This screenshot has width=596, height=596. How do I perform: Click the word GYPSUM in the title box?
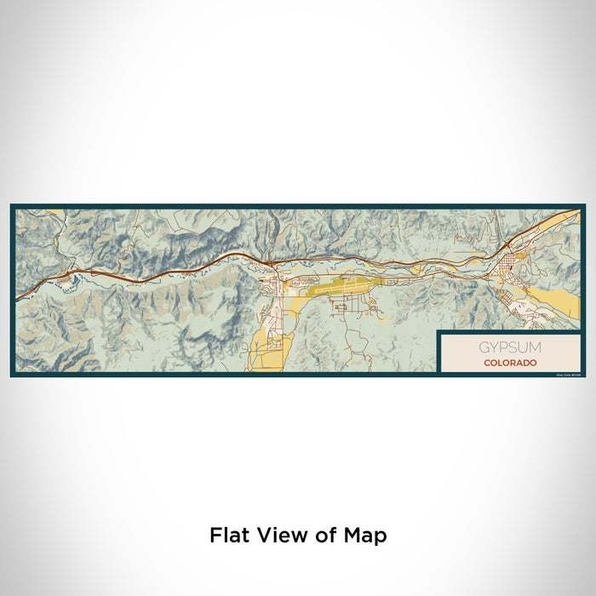tap(509, 348)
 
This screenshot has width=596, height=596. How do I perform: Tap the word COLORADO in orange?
tap(509, 363)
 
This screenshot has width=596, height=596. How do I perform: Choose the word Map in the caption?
tap(365, 536)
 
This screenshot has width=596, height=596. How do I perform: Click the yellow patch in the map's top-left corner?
tap(26, 213)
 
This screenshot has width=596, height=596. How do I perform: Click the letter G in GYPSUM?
tap(484, 348)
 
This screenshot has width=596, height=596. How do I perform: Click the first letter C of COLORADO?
tap(486, 363)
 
